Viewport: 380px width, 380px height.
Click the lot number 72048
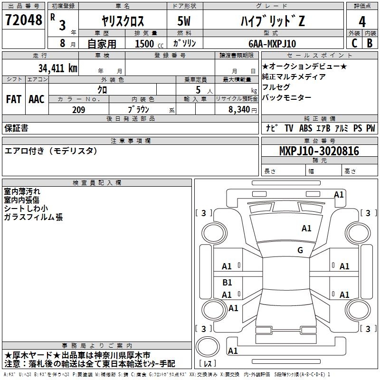(23, 20)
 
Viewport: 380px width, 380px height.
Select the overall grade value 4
(362, 22)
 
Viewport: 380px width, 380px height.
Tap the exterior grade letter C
(354, 43)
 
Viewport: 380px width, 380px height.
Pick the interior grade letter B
(370, 43)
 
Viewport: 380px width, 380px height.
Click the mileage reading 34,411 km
(57, 68)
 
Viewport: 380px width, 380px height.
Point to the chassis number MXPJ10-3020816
(319, 151)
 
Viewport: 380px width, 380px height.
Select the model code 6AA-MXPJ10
(272, 44)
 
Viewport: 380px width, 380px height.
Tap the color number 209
(78, 110)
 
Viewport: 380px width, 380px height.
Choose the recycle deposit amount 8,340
(239, 110)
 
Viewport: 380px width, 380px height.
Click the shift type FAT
(14, 99)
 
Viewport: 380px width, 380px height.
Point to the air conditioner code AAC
(37, 99)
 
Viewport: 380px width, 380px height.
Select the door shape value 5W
(184, 21)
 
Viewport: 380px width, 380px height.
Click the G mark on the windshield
(300, 250)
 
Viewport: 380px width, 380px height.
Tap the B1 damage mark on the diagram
(227, 282)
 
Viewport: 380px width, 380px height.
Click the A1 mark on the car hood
(306, 228)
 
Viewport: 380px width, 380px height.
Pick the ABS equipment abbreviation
(305, 128)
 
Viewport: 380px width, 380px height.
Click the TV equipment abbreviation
(289, 128)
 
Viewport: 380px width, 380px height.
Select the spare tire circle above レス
(208, 347)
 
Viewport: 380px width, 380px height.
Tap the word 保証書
(16, 128)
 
